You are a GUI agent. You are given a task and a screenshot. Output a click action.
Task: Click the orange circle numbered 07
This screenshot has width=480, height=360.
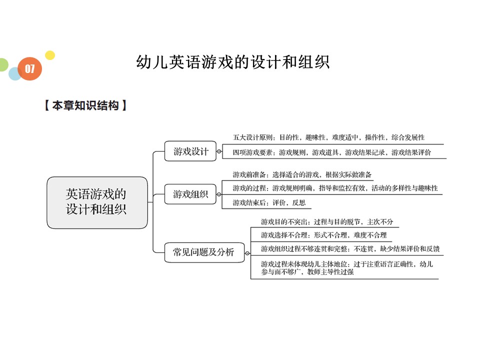30,69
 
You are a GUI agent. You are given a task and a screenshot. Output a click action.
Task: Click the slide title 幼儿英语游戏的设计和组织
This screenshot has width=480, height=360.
232,62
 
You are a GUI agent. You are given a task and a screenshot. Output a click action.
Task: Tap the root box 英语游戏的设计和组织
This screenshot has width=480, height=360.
97,202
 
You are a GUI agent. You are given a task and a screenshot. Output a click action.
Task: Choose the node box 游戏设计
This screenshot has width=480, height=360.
190,151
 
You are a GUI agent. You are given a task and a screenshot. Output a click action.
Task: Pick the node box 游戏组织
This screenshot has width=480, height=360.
190,194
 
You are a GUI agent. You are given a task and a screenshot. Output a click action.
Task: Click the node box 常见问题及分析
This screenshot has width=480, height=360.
203,252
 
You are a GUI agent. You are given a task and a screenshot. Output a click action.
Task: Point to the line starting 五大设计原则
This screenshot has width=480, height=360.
328,137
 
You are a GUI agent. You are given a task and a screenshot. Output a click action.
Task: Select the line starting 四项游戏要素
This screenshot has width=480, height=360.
332,152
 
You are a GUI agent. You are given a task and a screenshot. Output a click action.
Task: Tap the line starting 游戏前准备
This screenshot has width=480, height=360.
302,174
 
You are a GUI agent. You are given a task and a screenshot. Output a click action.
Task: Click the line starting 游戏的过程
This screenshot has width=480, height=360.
335,188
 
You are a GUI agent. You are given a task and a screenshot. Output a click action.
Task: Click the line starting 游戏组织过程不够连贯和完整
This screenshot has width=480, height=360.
350,248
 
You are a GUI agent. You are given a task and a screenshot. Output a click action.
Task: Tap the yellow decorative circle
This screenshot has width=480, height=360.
49,55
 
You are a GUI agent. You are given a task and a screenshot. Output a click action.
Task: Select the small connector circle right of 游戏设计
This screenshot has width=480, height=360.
219,151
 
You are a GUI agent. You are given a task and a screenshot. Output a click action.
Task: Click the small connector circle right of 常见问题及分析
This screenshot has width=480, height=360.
247,252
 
